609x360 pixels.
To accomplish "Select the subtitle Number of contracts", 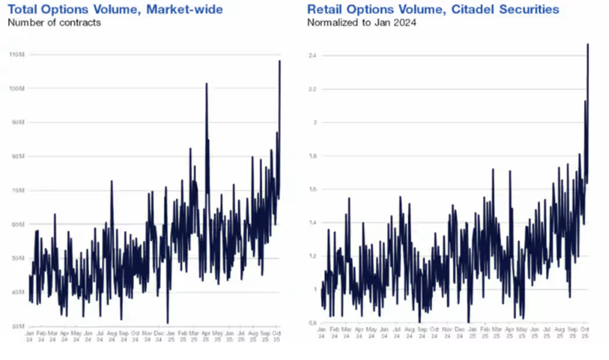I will click(x=54, y=23).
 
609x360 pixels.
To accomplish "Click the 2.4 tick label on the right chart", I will click(x=311, y=56).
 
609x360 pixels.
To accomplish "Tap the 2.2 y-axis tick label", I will click(x=311, y=89).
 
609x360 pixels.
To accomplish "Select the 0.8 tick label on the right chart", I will click(x=311, y=323).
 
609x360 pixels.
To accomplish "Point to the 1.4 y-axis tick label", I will click(x=311, y=223).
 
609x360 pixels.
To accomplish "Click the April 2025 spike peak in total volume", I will click(x=206, y=84).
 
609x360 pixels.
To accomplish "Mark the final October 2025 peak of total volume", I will click(x=280, y=61).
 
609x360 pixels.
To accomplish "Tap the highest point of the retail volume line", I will click(x=588, y=44).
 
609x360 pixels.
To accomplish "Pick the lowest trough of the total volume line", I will click(x=168, y=323).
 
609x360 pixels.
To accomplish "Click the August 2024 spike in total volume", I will click(x=112, y=181).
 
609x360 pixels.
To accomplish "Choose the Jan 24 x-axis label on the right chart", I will click(x=321, y=333).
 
